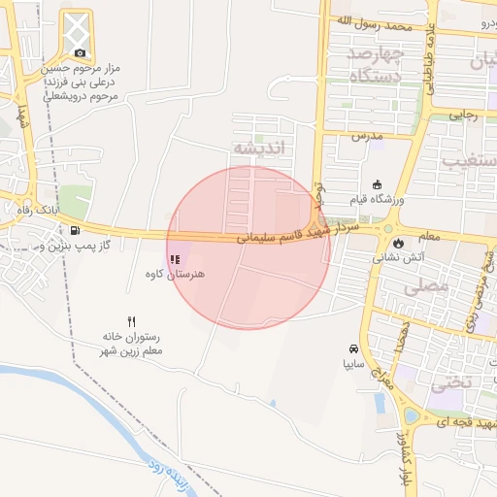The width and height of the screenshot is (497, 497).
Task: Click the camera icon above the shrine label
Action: [x=79, y=52]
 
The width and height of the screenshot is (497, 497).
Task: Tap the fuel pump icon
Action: [x=76, y=231]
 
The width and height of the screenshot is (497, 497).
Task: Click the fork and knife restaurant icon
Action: [x=131, y=321]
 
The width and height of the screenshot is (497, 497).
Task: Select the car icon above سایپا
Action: [x=354, y=348]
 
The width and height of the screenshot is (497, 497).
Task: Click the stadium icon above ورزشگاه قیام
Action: [x=378, y=184]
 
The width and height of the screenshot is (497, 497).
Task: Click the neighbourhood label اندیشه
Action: [x=259, y=148]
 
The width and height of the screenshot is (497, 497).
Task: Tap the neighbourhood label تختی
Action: [x=449, y=381]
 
